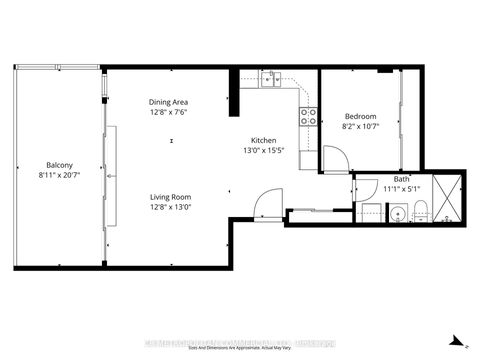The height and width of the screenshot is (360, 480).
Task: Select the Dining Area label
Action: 168,102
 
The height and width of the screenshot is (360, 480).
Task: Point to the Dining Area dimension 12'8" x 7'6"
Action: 168,112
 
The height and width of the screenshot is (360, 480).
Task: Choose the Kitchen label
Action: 264,140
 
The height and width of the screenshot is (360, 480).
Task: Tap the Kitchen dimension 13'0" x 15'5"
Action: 264,150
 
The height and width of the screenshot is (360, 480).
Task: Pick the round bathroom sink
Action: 397,213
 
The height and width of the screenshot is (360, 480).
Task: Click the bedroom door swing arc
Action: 335,159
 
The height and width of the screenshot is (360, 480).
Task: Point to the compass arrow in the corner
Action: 456,339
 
